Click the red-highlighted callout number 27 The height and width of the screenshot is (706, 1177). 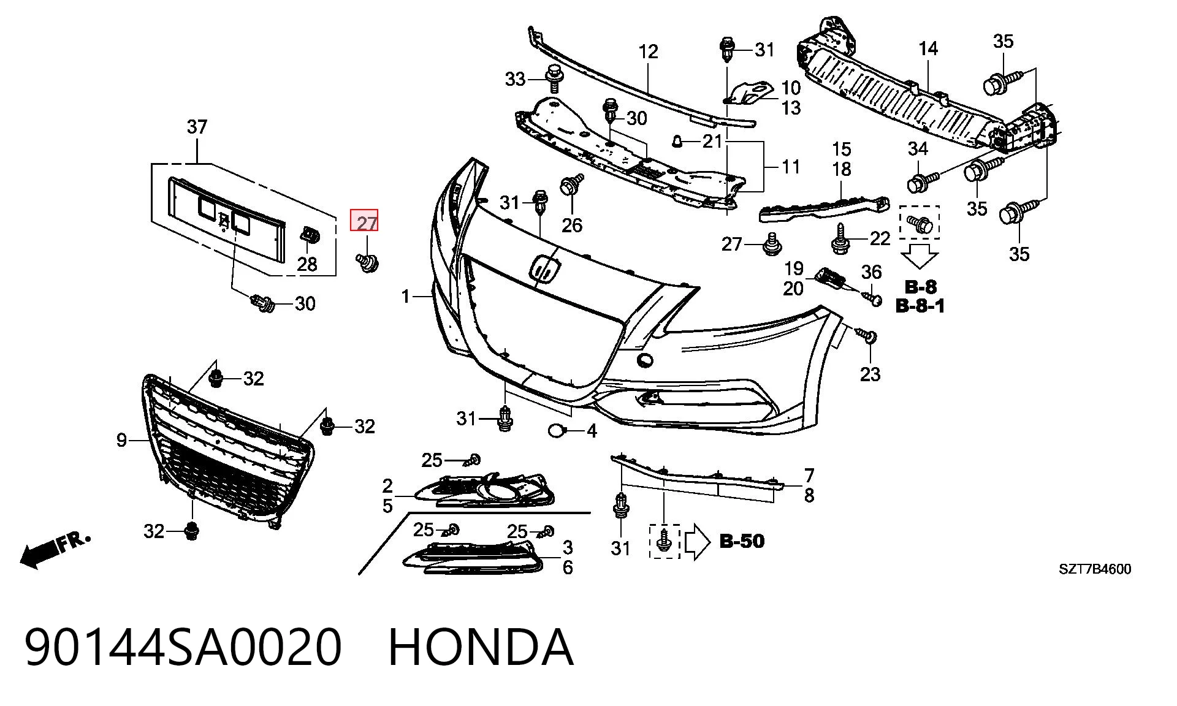coord(364,221)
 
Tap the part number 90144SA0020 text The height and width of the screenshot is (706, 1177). coord(183,647)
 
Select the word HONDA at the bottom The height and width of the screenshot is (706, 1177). coord(481,647)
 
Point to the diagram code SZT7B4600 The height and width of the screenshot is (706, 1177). coord(1095,569)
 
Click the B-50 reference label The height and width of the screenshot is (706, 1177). coord(742,541)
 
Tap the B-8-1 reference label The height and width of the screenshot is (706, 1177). coord(920,305)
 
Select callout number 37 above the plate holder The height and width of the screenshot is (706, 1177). coord(197,127)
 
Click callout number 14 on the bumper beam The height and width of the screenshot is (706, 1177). coord(928,48)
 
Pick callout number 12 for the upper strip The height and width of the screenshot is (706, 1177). coord(648,51)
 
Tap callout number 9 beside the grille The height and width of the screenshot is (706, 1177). coord(121,440)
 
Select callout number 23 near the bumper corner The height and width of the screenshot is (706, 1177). coord(870,374)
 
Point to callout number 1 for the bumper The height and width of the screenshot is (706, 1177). coord(405,297)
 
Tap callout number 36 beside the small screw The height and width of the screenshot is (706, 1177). coord(871,272)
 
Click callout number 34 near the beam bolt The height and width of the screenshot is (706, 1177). coord(918,148)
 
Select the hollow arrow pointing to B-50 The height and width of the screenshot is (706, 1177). coord(697,542)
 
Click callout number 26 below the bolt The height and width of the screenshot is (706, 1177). coord(571,225)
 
